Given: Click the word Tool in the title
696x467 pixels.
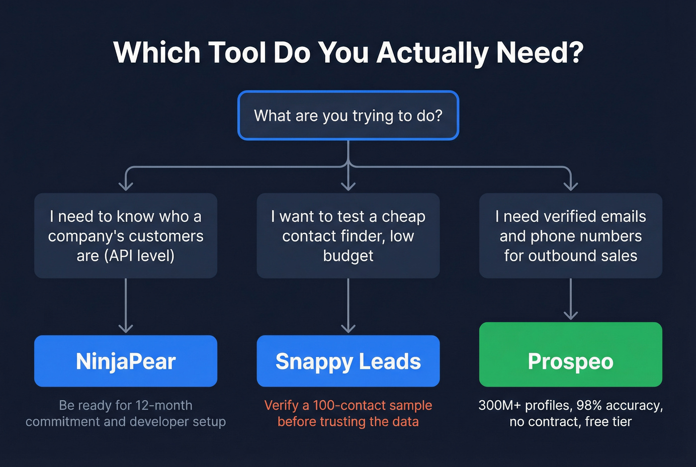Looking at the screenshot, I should tap(237, 52).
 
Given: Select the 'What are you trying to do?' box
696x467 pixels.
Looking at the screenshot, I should tap(348, 115).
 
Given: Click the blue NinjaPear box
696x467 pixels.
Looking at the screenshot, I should tap(126, 361).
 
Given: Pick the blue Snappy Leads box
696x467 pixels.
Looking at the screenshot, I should tap(348, 361).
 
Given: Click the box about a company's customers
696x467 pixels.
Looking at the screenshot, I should tap(126, 236).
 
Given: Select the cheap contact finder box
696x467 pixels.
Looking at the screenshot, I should tap(348, 236).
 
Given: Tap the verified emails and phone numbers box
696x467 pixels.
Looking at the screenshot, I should tap(570, 236).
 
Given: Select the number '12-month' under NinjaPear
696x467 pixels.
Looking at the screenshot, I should tap(164, 405).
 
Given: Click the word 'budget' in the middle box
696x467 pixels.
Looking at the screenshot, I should tap(348, 256).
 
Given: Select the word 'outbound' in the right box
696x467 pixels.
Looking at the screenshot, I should tap(557, 256).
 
